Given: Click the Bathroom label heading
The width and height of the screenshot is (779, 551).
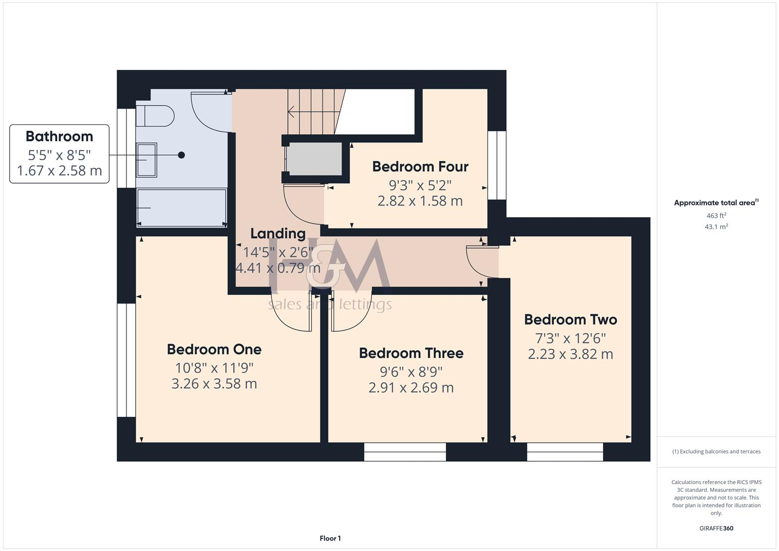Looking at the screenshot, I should pyautogui.click(x=59, y=136).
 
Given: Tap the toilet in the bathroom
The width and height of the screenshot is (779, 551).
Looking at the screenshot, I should pyautogui.click(x=156, y=116).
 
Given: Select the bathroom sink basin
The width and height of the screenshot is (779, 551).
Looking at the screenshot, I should pyautogui.click(x=146, y=160).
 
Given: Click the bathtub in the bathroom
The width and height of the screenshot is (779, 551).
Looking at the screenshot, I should pyautogui.click(x=182, y=208).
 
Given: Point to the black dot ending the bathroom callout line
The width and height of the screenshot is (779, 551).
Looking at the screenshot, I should pyautogui.click(x=181, y=155).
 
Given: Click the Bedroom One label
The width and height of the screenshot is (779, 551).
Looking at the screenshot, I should pyautogui.click(x=214, y=349).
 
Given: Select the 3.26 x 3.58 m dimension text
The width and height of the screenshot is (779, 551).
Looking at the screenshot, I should pyautogui.click(x=214, y=384).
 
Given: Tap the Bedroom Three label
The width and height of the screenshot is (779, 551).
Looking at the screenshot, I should pyautogui.click(x=411, y=353).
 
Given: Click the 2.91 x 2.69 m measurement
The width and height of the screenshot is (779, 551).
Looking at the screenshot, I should pyautogui.click(x=411, y=388).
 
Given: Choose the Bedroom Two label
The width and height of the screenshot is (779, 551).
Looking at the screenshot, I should pyautogui.click(x=570, y=319).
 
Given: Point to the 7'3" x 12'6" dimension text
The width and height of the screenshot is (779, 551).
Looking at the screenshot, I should pyautogui.click(x=570, y=338).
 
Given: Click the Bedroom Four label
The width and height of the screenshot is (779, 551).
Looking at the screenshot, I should pyautogui.click(x=420, y=166).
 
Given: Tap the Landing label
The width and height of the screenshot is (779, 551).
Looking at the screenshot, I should pyautogui.click(x=278, y=234).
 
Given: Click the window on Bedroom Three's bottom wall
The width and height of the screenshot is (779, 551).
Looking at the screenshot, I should pyautogui.click(x=405, y=452).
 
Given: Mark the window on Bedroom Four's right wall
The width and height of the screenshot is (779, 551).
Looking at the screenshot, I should pyautogui.click(x=497, y=165).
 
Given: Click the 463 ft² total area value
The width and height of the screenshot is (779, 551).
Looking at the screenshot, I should pyautogui.click(x=716, y=216).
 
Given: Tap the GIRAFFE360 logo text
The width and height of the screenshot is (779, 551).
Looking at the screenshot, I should pyautogui.click(x=716, y=528).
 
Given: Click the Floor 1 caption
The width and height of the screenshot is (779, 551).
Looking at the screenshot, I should pyautogui.click(x=330, y=538).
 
